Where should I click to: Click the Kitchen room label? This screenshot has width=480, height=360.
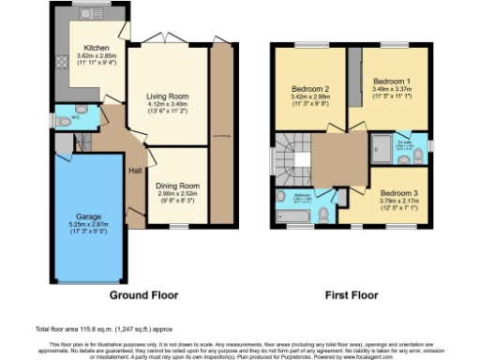click(97, 47)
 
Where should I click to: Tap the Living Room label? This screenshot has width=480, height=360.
click(167, 95)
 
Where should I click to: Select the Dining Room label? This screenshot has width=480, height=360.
click(177, 186)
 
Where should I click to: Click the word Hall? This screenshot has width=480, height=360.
click(135, 170)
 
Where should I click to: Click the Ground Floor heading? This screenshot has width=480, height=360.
click(143, 294)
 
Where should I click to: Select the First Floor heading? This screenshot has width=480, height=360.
click(352, 294)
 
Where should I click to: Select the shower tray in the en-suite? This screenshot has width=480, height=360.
click(381, 146)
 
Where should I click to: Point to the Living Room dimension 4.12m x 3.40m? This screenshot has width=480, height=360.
click(167, 103)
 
